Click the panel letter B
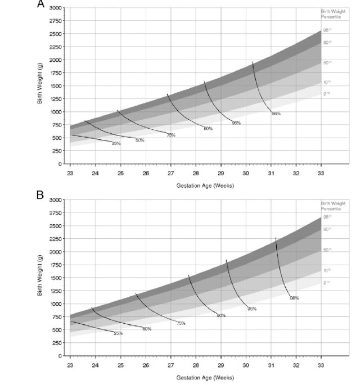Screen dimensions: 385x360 pos(40,196)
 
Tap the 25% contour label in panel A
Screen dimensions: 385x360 pos(116,144)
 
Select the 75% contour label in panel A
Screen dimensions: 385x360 pos(171,135)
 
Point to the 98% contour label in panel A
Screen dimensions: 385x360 pos(276,114)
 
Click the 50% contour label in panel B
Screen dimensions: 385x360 pos(147,329)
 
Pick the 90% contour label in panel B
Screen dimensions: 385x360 pos(221,316)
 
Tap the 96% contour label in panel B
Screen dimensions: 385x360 pos(252,309)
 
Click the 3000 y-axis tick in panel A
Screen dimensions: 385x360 pos(55,8)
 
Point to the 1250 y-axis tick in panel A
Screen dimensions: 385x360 pos(55,98)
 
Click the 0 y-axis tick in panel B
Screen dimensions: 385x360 pos(59,356)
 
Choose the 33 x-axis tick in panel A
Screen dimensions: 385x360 pos(321,172)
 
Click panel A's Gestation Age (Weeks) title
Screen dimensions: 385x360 pos(196,185)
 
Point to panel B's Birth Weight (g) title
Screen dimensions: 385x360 pos(40,277)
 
